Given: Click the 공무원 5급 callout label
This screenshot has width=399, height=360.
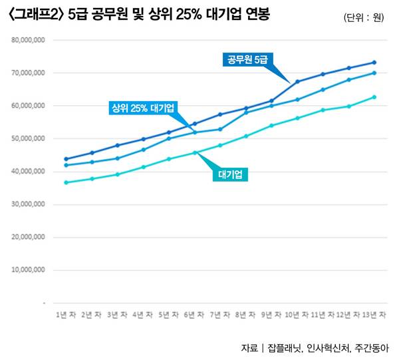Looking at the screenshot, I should (247, 59).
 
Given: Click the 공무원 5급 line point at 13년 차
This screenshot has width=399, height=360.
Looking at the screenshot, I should (374, 63).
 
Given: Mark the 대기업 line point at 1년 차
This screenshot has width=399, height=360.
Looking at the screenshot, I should (66, 182).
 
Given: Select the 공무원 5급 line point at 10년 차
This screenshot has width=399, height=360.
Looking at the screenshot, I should (297, 82).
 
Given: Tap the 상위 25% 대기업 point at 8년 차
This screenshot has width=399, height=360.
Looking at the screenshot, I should (246, 112).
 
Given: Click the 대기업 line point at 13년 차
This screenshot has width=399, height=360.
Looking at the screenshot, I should (374, 97).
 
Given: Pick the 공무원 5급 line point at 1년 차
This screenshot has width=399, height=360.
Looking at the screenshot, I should (66, 159).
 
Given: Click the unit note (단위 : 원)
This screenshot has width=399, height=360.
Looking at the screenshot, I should (364, 17).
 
